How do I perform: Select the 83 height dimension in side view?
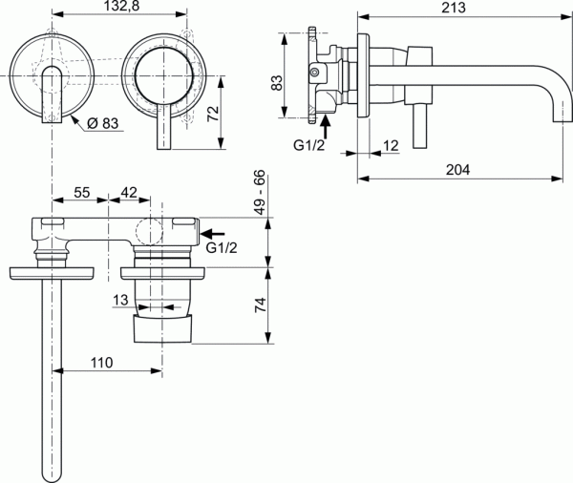click(276, 81)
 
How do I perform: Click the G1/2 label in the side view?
click(310, 144)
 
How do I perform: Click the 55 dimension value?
click(82, 192)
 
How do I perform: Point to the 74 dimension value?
click(261, 305)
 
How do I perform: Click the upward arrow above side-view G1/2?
click(326, 121)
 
